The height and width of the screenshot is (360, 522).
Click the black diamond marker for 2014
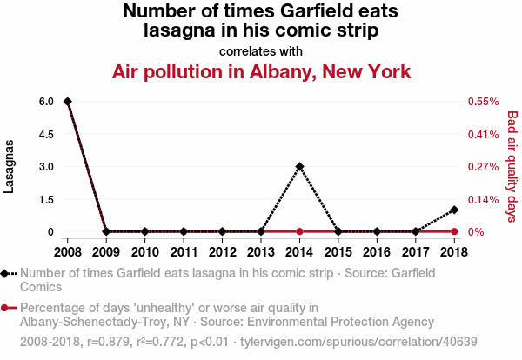point(299,166)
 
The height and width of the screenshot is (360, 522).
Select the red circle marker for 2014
point(299,231)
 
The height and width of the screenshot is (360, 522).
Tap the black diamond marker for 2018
point(454,210)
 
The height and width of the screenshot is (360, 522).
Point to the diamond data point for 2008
point(68,102)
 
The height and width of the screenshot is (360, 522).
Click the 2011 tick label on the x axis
point(184,252)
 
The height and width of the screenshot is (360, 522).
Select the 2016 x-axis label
point(377,252)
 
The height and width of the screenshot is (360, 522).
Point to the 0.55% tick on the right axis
point(482,102)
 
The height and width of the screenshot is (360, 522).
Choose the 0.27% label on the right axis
point(482,167)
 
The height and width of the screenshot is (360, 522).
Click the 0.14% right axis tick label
point(482,199)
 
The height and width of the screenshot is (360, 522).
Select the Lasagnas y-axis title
point(10,167)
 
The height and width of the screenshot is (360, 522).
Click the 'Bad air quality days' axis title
point(512,166)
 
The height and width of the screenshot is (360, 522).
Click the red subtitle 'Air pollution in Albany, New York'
point(261,70)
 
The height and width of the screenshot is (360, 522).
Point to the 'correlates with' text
point(261,50)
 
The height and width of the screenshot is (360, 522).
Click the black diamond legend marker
point(7,273)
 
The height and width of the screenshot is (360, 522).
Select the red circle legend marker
point(7,308)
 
